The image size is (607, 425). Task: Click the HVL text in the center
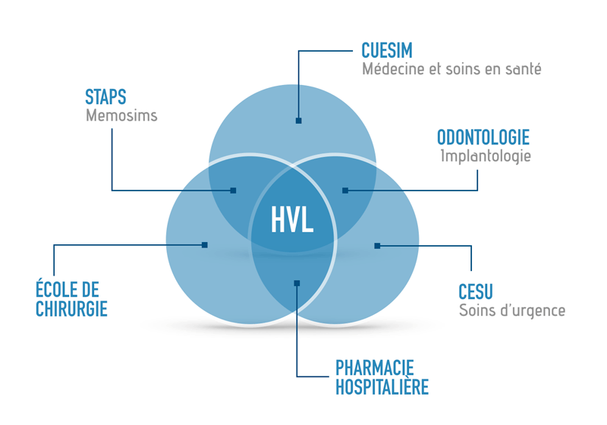point(292,219)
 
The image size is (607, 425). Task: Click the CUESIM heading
point(387,50)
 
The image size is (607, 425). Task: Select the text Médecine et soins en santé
point(451,69)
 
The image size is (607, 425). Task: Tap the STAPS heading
point(105,97)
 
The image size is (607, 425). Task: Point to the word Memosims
point(121,115)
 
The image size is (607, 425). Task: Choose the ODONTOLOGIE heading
point(483,137)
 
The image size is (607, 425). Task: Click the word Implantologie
point(486,156)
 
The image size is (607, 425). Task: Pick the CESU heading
point(476,291)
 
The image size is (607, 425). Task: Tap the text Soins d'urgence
point(512,310)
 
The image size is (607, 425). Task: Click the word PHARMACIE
point(374,368)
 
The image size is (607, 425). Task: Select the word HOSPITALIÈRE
point(382,387)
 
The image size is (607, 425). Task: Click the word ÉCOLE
point(53,288)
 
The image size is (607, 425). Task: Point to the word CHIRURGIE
point(71,309)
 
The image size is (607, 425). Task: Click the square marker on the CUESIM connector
point(298,121)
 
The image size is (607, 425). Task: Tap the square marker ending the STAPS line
point(233,190)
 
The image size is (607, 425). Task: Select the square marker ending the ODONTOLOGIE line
point(345,190)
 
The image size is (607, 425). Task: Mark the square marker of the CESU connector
point(377,246)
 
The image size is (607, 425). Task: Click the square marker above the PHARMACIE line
point(297,283)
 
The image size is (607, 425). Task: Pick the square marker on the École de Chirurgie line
point(205,245)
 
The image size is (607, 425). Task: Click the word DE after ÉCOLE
point(88,289)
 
